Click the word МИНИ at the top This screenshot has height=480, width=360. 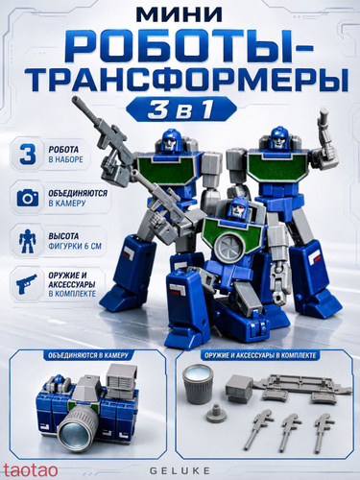(x=180, y=15)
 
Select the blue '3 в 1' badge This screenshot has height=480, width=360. (x=181, y=109)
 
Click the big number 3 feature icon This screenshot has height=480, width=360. (x=28, y=154)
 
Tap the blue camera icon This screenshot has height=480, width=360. (x=28, y=198)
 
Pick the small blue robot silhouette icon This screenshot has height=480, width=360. (x=28, y=242)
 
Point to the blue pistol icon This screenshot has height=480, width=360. (x=27, y=284)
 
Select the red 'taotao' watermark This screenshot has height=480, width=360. (x=30, y=470)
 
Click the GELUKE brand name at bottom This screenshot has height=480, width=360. (x=180, y=470)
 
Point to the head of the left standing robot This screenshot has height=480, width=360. (x=172, y=140)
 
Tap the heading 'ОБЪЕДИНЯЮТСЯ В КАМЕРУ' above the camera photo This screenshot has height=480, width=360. (x=87, y=355)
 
